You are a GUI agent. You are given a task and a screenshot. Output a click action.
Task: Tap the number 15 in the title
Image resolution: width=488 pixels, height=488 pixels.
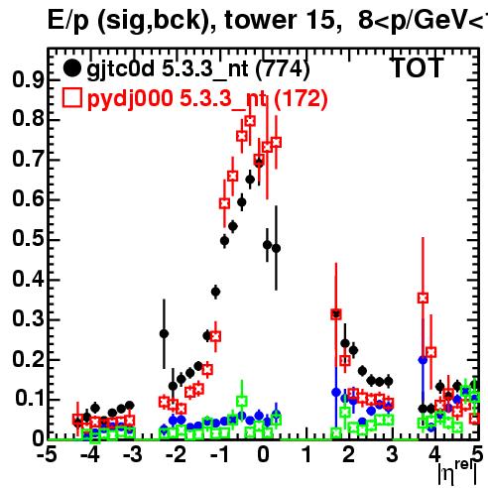[319, 20]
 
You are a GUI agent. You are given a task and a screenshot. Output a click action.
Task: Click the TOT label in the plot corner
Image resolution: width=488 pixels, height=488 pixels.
[418, 67]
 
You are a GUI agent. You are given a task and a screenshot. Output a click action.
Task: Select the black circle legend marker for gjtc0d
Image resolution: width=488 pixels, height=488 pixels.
[71, 68]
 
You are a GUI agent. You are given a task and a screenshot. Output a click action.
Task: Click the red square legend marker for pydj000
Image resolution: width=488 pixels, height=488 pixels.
[71, 97]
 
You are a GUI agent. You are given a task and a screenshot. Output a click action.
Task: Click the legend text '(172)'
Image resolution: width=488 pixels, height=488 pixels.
[301, 98]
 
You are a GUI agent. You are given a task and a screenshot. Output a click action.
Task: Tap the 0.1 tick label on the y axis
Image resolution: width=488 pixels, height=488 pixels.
[28, 398]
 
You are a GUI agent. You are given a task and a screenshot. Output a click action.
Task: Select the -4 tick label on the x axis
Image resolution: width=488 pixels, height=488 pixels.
[89, 455]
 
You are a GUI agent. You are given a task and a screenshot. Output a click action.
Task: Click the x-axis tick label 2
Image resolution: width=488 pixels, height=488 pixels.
[348, 455]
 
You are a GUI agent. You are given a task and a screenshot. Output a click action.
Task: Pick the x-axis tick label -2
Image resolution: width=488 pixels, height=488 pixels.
[176, 455]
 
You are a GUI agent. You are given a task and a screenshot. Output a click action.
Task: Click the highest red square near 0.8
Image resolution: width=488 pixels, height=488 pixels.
[250, 121]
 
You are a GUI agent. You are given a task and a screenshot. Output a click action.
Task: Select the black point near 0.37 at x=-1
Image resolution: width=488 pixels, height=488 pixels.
[215, 292]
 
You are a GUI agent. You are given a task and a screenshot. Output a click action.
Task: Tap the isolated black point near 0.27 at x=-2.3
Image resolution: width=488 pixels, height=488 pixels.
[164, 333]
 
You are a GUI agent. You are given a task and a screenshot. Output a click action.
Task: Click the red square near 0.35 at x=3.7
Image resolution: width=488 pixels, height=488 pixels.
[423, 298]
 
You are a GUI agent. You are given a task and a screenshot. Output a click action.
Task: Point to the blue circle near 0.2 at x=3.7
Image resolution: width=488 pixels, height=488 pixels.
[423, 360]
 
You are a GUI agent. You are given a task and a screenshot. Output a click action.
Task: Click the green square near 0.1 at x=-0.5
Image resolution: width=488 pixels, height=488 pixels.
[242, 402]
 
